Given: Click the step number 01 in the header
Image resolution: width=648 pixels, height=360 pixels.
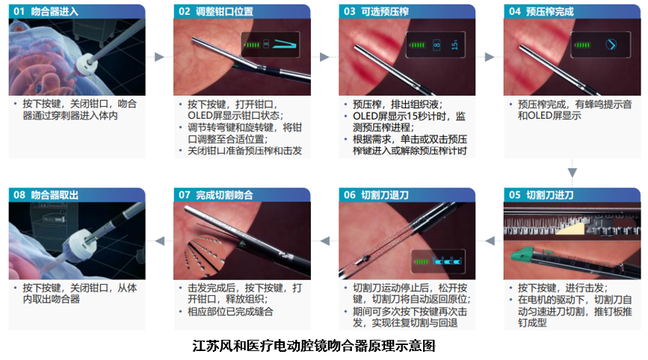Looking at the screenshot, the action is coord(19,11).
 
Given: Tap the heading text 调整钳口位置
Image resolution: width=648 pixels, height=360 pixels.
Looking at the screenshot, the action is coord(224,11).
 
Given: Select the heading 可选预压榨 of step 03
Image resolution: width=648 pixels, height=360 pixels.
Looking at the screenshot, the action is coord(385,11).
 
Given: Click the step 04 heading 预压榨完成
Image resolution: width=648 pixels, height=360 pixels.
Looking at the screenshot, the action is coord(549,11).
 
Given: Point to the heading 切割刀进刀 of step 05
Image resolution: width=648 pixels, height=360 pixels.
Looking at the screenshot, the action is coord(549,195).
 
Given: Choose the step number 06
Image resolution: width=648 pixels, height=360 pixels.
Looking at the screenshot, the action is coord(350,195).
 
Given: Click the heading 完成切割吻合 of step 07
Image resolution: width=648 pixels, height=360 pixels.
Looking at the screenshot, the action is coord(224,195).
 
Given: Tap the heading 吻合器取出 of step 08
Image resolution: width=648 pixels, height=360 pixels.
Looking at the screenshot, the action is coord(55,195).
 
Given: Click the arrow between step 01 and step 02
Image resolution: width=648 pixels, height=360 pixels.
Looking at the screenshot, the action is coord(159,57).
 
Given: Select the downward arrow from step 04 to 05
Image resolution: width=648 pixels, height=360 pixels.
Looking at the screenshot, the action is coord(573,172).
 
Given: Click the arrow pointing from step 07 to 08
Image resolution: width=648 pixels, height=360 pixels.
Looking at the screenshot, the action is coord(159,240).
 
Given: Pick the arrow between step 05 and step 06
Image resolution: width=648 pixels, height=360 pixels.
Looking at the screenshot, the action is coord(490,240).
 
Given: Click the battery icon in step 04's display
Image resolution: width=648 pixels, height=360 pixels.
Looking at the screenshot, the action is coord(582,45).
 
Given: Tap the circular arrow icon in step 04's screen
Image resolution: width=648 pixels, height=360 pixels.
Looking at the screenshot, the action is coord(611,45).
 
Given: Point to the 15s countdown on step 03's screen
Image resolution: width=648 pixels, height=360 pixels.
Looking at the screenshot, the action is coord(454,45).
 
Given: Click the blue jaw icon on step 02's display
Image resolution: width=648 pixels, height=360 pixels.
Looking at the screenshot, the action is coord(286,44).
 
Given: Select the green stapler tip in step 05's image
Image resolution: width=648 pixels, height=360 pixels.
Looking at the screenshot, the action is coord(522,254).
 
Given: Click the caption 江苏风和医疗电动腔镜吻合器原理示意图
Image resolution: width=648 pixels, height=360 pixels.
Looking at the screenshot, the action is coord(314,346).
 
